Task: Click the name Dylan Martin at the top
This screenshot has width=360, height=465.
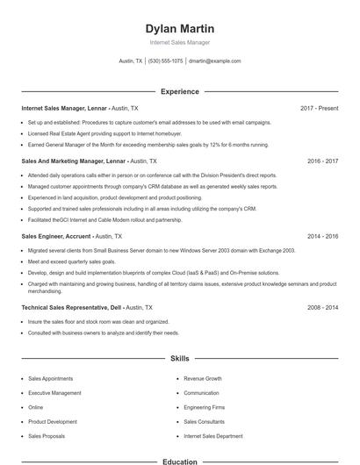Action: pyautogui.click(x=179, y=28)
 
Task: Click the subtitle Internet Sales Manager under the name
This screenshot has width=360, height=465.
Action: pyautogui.click(x=179, y=42)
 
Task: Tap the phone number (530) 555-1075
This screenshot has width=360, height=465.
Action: pyautogui.click(x=165, y=61)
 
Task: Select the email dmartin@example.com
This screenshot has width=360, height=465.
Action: pyautogui.click(x=214, y=61)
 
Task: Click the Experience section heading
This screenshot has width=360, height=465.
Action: pyautogui.click(x=179, y=91)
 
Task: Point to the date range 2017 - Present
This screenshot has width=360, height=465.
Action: pyautogui.click(x=319, y=108)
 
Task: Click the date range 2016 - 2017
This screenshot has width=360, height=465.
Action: pyautogui.click(x=322, y=161)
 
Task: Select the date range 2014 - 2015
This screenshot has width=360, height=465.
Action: pyautogui.click(x=322, y=236)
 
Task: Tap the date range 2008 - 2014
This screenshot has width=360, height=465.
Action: pyautogui.click(x=322, y=308)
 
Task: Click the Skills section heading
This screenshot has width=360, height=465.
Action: pyautogui.click(x=179, y=359)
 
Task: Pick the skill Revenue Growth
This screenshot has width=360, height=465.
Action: pyautogui.click(x=202, y=378)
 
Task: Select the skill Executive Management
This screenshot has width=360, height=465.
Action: pyautogui.click(x=54, y=393)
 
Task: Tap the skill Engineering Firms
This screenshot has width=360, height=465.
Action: pyautogui.click(x=205, y=407)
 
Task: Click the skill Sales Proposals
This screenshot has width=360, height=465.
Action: pyautogui.click(x=47, y=435)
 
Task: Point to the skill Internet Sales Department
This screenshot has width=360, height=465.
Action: pyautogui.click(x=213, y=435)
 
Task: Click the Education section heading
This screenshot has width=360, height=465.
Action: pyautogui.click(x=179, y=461)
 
